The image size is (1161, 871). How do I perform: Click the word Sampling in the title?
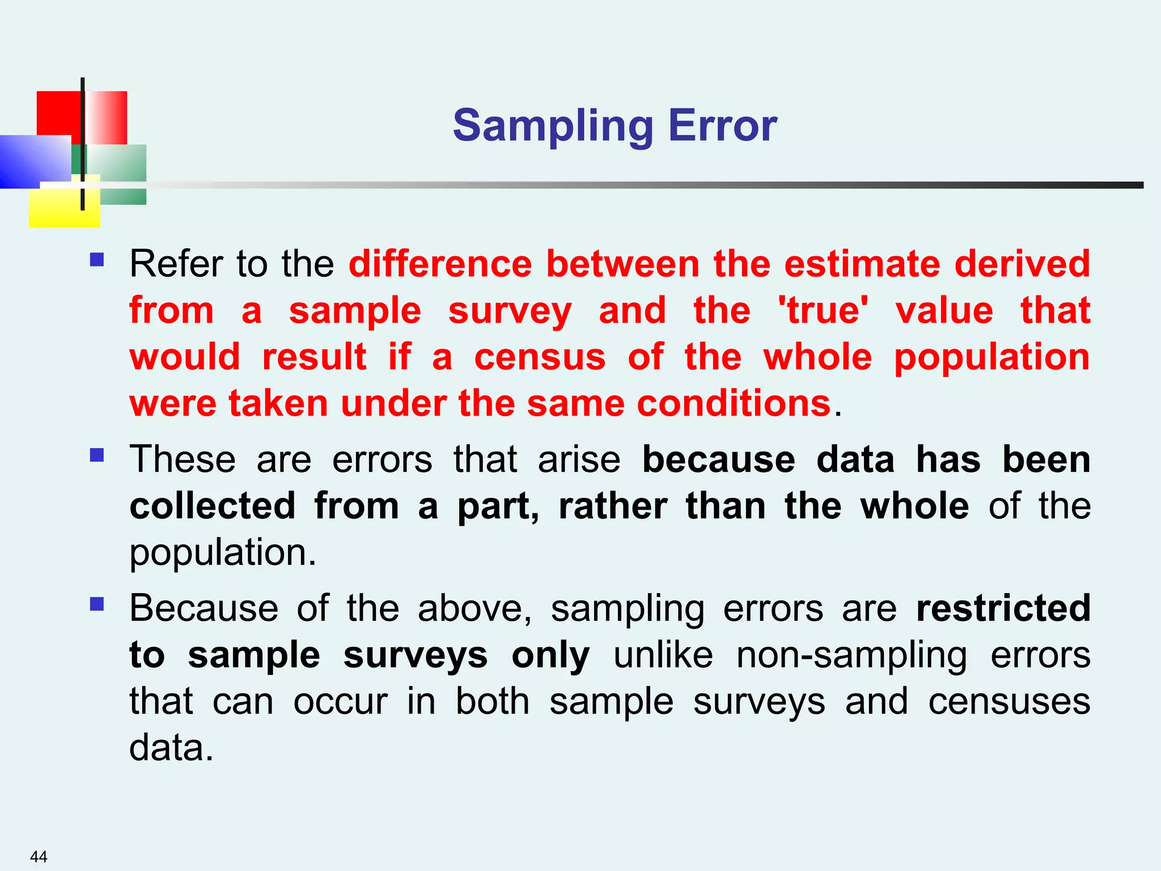[553, 126]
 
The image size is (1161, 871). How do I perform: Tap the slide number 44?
[39, 856]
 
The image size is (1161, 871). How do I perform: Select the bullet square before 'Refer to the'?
[97, 260]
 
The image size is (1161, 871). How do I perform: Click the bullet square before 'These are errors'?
[97, 455]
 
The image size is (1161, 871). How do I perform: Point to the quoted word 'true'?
[823, 311]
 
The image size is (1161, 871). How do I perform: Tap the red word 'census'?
[540, 357]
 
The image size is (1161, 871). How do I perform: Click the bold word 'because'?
[719, 459]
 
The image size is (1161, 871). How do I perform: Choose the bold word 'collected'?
[213, 506]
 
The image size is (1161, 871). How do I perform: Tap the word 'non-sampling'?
[851, 656]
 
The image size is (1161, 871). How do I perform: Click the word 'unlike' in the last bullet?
[663, 655]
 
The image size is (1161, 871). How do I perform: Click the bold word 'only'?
[550, 656]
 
